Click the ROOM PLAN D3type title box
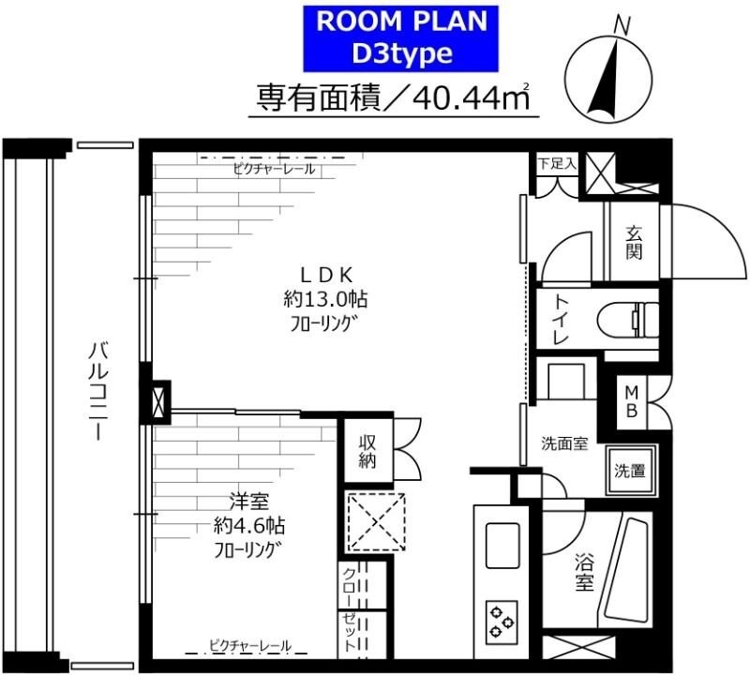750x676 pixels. [x=401, y=38]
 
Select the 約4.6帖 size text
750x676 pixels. [x=246, y=525]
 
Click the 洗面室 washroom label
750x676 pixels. [x=564, y=443]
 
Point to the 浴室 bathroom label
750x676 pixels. [x=584, y=574]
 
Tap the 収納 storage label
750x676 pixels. [x=367, y=451]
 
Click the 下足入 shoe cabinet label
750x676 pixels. [x=557, y=162]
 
